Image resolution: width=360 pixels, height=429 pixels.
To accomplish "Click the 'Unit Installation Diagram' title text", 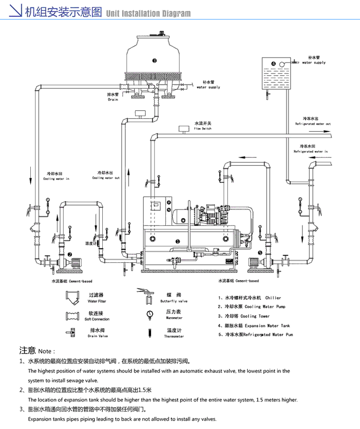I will (x=148, y=13).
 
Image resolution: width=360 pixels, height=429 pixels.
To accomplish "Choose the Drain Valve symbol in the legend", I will (x=72, y=332).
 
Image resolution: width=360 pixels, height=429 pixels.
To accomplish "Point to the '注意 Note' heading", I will (x=38, y=351).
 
